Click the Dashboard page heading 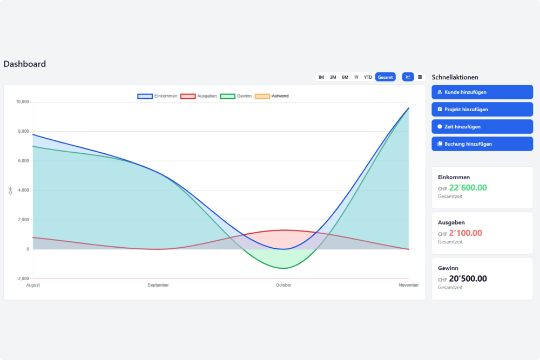pos(25,64)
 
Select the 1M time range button pos(321,77)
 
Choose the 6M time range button pos(345,77)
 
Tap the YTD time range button pos(368,77)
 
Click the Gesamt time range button pos(385,77)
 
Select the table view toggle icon pos(420,77)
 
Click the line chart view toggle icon pos(408,77)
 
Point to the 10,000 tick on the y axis pos(23,102)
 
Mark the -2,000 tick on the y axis pos(23,279)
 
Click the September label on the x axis pos(158,285)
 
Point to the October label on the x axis pos(283,285)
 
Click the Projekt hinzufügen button pos(482,110)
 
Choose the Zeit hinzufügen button pos(482,127)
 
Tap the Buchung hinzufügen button pos(482,144)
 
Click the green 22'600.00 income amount pos(468,188)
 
